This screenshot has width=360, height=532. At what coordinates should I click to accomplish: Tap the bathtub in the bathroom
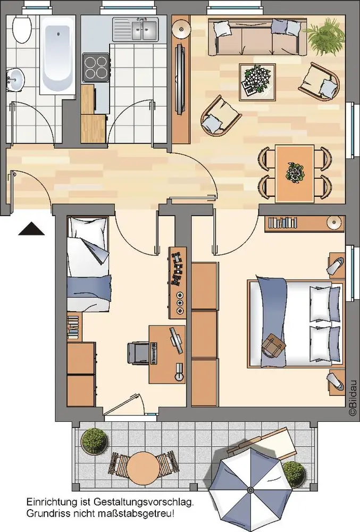(x=57, y=55)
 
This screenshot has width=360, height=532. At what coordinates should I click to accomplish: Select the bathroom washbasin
(x=15, y=80)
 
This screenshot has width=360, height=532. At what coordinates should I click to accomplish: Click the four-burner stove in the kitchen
(x=96, y=67)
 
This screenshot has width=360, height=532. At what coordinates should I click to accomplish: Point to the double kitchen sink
(x=136, y=29)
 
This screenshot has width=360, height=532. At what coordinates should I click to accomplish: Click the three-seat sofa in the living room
(x=257, y=37)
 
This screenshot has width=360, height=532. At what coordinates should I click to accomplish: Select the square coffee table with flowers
(x=257, y=82)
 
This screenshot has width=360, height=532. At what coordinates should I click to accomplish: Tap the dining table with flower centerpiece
(x=294, y=173)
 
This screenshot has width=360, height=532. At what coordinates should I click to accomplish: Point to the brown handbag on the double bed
(x=273, y=345)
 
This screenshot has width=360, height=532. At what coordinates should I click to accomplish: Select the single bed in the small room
(x=89, y=264)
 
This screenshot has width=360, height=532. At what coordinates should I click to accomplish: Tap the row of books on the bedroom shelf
(x=282, y=222)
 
